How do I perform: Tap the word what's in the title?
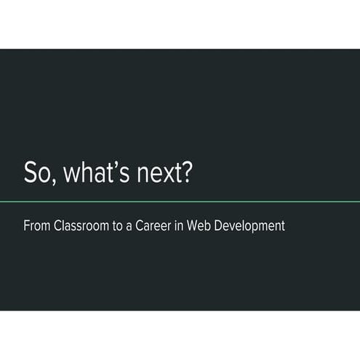[90, 175]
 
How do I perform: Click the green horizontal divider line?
[180, 201]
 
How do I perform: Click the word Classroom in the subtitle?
[80, 226]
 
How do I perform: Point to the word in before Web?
[179, 226]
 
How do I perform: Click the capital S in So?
[31, 175]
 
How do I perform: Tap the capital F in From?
[27, 226]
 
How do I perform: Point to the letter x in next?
[164, 177]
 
